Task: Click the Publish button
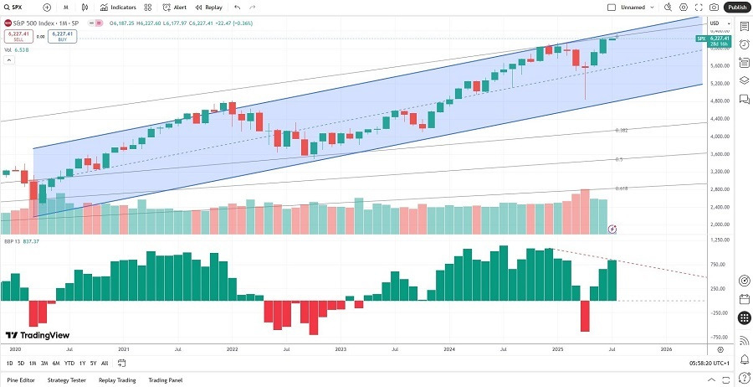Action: pos(736,7)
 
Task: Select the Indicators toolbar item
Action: pos(122,7)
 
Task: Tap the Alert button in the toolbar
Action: pos(175,7)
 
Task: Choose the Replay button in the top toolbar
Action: pos(210,7)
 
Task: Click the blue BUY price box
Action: pos(62,36)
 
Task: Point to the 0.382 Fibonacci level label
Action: pos(622,131)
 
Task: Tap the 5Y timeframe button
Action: pos(92,363)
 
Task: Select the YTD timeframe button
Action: pos(69,363)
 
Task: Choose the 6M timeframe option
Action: pos(55,363)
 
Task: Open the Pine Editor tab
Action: pos(21,379)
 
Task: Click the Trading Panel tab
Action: pos(166,379)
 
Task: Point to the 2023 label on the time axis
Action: pos(341,348)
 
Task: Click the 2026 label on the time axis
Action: pos(666,348)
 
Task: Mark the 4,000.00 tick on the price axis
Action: pos(720,136)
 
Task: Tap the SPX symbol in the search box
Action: pos(17,7)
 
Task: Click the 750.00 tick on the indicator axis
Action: pos(720,265)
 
